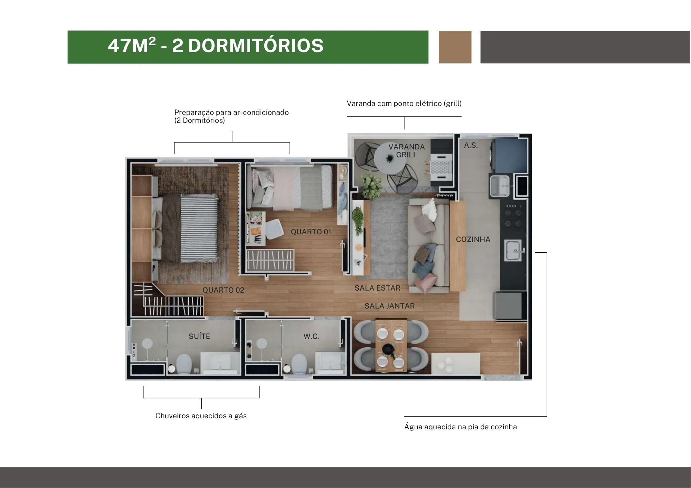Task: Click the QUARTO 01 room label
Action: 311,232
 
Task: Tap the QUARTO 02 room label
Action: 223,290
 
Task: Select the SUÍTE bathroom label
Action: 199,336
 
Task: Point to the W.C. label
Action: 311,336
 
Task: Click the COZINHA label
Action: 473,240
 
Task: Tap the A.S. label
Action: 471,145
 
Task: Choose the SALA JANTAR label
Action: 389,306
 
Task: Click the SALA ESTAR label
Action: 377,288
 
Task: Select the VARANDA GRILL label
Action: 406,151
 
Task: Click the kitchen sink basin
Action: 513,251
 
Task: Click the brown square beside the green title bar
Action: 455,47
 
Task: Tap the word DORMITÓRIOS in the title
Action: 256,46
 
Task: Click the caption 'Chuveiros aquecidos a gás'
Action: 201,416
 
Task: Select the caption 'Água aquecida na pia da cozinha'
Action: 461,427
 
